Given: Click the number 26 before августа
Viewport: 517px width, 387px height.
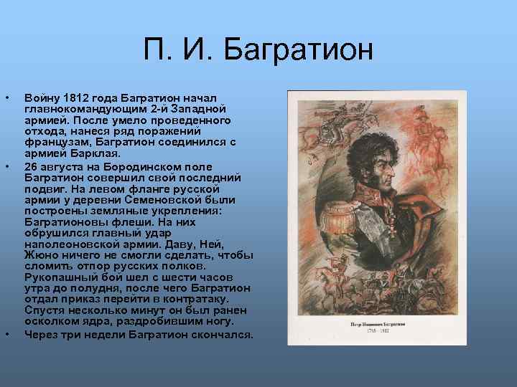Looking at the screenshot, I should pos(32,166).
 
